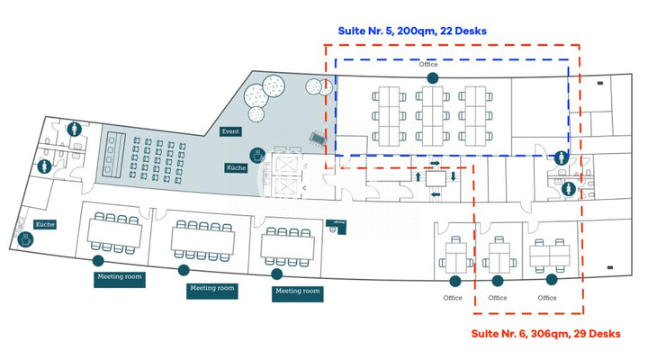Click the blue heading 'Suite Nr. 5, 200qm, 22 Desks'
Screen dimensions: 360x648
tap(412, 31)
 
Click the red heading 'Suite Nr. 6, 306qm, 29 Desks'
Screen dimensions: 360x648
tap(546, 334)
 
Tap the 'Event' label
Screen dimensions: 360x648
tap(230, 131)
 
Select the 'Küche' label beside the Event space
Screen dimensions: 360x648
tap(236, 168)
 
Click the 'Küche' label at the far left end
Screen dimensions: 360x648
tap(46, 223)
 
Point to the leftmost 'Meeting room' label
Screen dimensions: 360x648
tap(120, 277)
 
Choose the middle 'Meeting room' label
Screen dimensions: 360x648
tap(212, 289)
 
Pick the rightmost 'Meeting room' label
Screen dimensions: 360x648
tap(298, 292)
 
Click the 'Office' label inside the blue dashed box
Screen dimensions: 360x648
tap(428, 65)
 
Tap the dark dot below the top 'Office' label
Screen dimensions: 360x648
tap(433, 78)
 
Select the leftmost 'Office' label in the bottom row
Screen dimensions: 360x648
tap(453, 298)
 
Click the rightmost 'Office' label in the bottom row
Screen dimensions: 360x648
tap(547, 298)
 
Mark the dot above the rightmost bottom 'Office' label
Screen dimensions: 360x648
tap(551, 280)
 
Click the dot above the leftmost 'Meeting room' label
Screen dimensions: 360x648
tap(97, 261)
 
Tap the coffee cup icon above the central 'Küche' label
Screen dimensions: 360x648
tap(256, 155)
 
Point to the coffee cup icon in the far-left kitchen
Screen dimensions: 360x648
tap(24, 239)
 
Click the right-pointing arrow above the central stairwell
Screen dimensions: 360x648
tap(435, 163)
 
